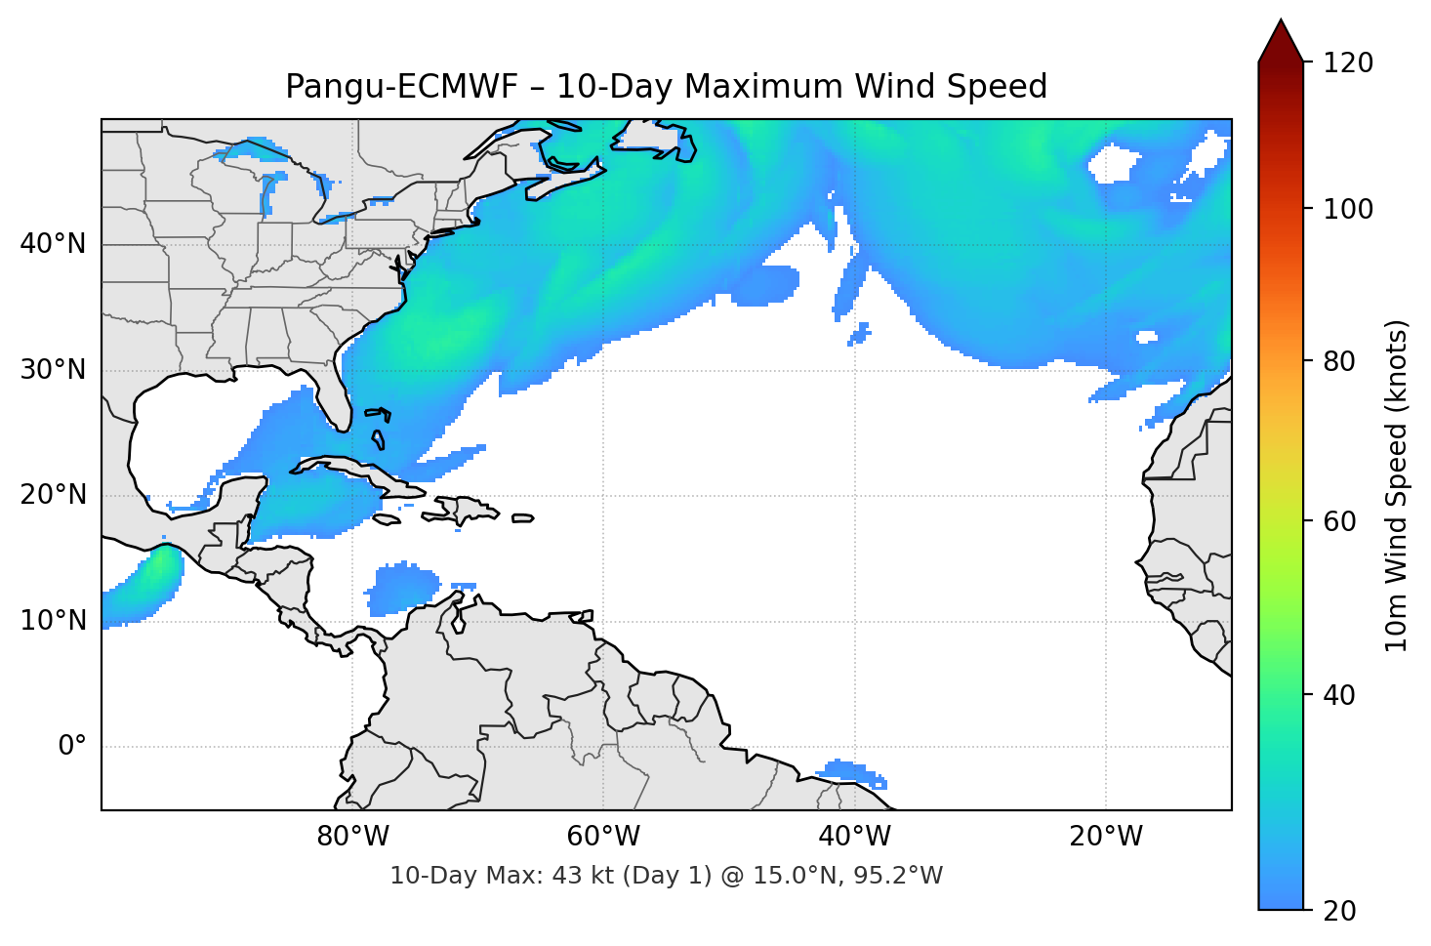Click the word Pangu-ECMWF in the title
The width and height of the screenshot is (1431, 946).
[x=400, y=87]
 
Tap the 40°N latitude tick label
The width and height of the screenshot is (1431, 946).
[x=53, y=244]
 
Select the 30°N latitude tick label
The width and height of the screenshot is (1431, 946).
[x=53, y=370]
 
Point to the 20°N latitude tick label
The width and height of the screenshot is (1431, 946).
[x=53, y=495]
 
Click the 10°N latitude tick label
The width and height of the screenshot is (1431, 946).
[x=53, y=621]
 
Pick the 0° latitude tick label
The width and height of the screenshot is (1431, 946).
[x=72, y=747]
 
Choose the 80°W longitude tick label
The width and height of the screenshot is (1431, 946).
[x=353, y=837]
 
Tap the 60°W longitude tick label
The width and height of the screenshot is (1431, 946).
[x=604, y=837]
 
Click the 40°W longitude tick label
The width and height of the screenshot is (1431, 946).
[x=855, y=837]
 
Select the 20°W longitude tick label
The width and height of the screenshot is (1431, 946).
[x=1106, y=837]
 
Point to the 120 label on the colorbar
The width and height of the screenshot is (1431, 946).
[x=1348, y=62]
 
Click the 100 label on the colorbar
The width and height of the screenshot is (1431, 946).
[x=1348, y=209]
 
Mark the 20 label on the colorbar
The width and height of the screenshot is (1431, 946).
[x=1338, y=911]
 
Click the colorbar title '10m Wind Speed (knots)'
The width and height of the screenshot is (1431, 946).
[x=1397, y=485]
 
